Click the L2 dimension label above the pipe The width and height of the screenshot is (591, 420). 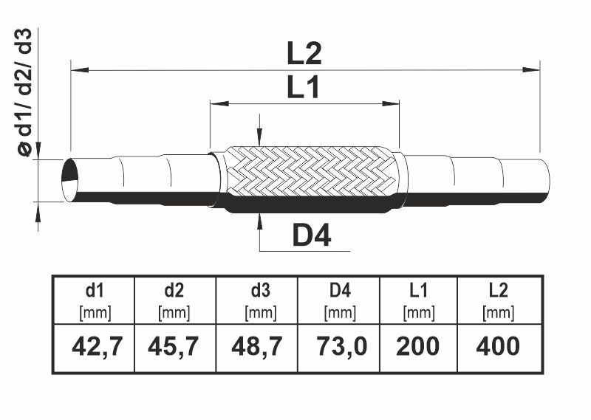[304, 53]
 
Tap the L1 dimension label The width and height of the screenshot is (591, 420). [303, 87]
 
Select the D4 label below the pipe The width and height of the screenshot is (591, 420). [312, 235]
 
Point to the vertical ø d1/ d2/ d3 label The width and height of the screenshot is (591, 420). [25, 92]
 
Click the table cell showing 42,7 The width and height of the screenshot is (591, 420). [98, 346]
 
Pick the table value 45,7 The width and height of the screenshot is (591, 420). [174, 346]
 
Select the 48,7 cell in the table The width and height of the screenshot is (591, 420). [257, 346]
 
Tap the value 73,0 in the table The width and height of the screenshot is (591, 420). [341, 346]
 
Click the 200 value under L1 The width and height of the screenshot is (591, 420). [417, 346]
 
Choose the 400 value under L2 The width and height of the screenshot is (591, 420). [498, 346]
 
